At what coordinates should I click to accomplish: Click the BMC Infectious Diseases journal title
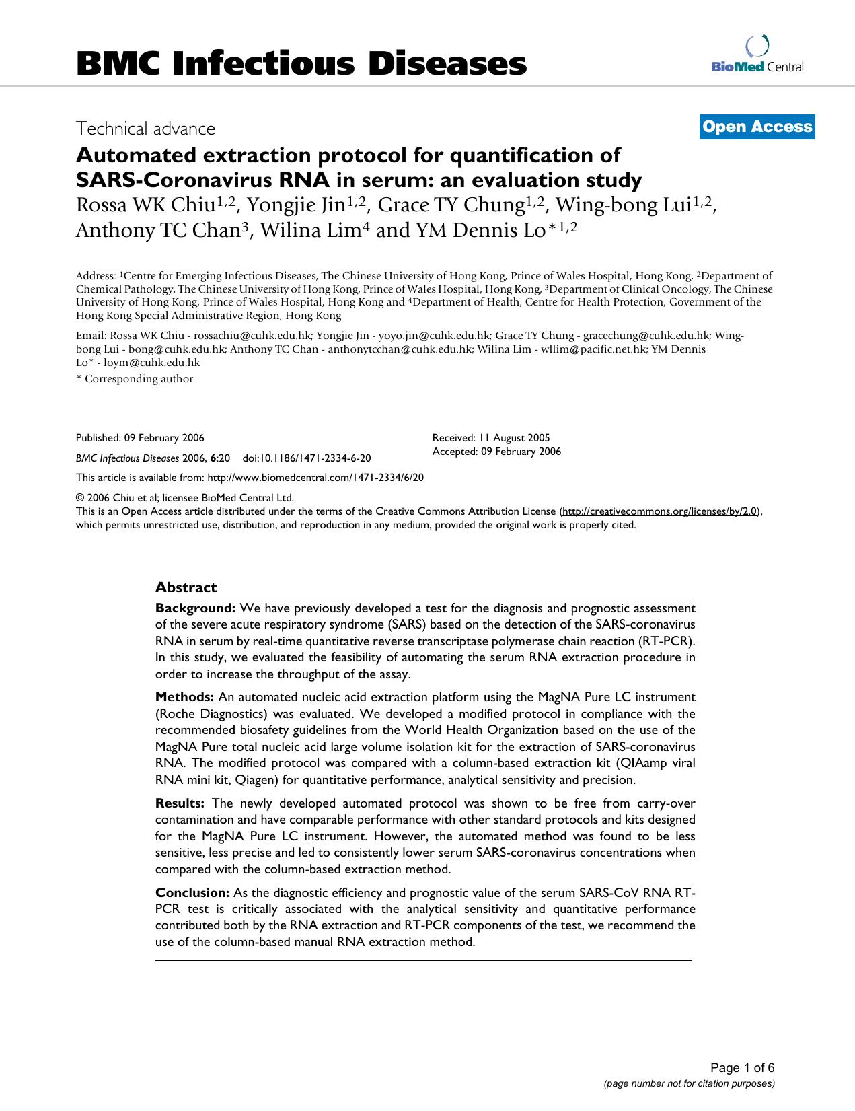(301, 64)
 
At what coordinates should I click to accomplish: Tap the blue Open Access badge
(757, 127)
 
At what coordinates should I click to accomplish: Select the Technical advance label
(145, 128)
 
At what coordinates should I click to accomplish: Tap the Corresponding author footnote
(135, 379)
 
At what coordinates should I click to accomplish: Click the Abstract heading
(186, 587)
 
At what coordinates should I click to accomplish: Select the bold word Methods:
(184, 697)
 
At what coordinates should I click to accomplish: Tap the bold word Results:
(180, 803)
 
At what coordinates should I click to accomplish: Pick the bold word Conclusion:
(192, 893)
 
